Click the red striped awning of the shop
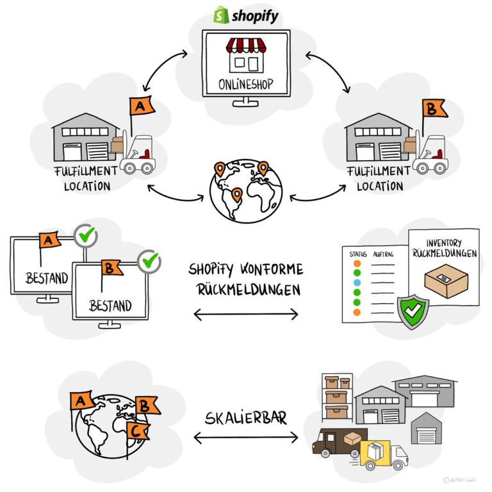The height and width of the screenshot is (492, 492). (247, 46)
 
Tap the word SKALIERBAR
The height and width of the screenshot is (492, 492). (246, 418)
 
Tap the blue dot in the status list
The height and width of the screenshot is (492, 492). (357, 283)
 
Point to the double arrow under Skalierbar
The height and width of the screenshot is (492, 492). (245, 438)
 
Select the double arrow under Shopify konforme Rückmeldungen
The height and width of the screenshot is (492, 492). (245, 314)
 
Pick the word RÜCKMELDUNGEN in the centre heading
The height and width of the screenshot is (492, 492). (246, 290)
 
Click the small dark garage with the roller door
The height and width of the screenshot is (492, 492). (426, 429)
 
